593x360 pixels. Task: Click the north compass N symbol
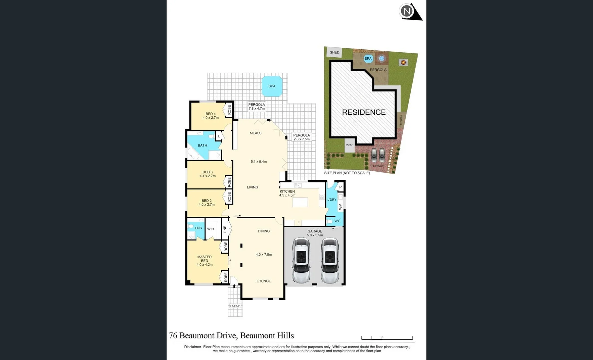coord(407,11)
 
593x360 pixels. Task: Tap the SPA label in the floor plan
coord(272,86)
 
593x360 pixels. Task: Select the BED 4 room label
coord(210,114)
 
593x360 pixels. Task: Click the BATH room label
coord(202,145)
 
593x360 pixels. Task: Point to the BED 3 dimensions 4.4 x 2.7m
coord(207,176)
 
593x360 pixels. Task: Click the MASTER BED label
coord(204,259)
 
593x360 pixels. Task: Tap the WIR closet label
coord(210,229)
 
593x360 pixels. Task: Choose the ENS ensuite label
coord(198,228)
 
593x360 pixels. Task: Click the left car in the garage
coord(301,260)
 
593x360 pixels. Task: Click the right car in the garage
coord(330,260)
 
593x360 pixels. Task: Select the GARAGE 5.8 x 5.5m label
coord(315,233)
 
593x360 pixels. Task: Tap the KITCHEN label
coord(287,191)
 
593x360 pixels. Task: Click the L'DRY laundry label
coord(332,200)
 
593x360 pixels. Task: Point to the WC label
coord(337,221)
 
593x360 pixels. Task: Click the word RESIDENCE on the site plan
coord(364,112)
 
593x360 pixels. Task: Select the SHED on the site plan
coord(334,52)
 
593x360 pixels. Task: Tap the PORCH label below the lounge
coord(235,306)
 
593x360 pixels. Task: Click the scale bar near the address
coord(387,338)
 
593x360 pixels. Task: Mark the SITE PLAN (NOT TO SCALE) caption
coord(347,173)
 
